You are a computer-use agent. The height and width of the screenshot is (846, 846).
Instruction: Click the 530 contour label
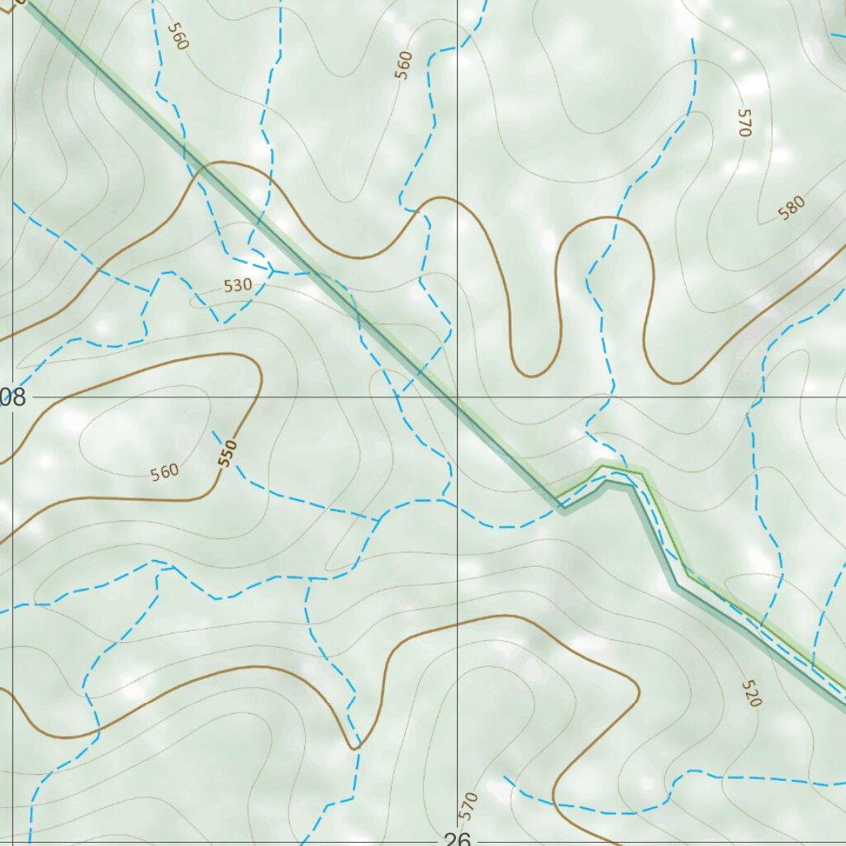[x=237, y=286]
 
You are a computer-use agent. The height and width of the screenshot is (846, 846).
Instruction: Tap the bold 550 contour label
[x=228, y=454]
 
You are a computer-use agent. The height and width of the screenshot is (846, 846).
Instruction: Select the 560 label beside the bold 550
[x=164, y=473]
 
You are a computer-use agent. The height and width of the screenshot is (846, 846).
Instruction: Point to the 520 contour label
[x=750, y=693]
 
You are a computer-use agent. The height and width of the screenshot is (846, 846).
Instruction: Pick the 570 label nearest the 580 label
[x=744, y=122]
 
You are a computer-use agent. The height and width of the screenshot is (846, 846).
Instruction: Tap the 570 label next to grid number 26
[x=468, y=806]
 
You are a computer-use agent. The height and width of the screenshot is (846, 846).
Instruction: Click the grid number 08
[x=13, y=397]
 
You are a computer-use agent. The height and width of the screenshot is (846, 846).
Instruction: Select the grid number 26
[x=455, y=838]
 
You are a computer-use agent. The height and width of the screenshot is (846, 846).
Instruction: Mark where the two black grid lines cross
[x=458, y=397]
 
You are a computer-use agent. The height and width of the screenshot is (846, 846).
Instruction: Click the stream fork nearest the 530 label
[x=273, y=269]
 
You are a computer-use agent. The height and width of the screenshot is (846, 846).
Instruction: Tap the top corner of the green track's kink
[x=604, y=468]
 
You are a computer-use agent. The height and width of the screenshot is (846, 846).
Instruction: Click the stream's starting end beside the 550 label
[x=213, y=431]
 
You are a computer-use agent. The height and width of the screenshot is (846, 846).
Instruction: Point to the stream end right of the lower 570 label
[x=505, y=777]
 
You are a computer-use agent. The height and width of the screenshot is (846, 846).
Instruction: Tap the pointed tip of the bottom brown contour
[x=355, y=748]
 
